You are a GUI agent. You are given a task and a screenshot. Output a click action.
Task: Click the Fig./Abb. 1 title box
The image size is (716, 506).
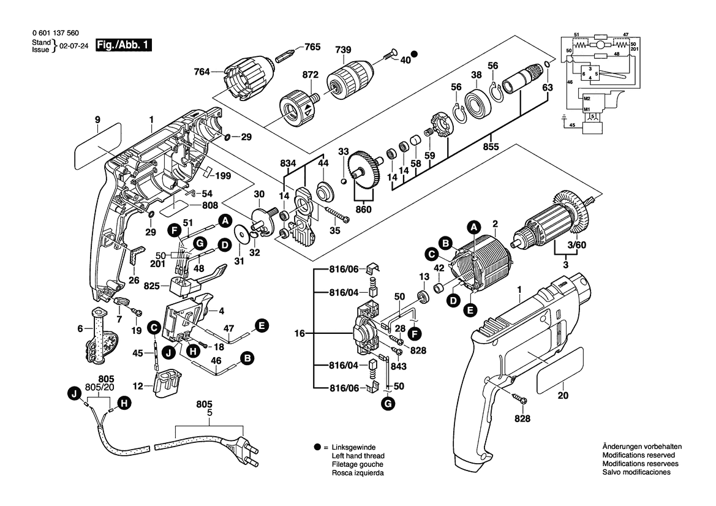(x=124, y=45)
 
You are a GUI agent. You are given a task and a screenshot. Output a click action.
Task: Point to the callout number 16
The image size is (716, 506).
(x=299, y=334)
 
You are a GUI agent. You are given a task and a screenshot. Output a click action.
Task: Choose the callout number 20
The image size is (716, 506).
(x=563, y=396)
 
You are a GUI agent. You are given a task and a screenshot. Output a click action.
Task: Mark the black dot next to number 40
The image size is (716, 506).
(x=414, y=54)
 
